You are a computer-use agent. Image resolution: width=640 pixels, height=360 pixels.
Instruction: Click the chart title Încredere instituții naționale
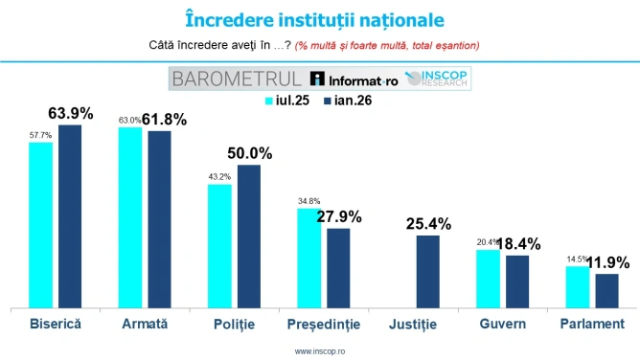coord(320,18)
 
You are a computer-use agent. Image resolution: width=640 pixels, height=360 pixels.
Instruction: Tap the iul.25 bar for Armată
coord(129,216)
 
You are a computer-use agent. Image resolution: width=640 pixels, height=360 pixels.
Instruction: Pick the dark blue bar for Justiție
coord(427,271)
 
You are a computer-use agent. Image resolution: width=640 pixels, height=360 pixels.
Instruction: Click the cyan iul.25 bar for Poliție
coord(220,245)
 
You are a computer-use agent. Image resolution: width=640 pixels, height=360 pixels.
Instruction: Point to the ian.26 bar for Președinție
coord(338,267)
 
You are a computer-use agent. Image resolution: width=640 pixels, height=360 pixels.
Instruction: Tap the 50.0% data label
coord(249,153)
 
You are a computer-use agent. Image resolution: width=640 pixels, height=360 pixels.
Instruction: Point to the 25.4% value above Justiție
coord(427,224)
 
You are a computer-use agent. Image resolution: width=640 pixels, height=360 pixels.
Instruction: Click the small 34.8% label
coord(309,200)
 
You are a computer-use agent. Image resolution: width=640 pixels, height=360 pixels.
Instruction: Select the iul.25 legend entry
coord(285,101)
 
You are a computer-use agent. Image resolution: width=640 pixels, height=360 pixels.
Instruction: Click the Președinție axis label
coord(324,325)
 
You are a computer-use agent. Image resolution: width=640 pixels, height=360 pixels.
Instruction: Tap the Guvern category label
coord(502,325)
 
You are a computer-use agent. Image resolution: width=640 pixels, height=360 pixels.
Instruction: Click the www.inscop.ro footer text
coord(320,351)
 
